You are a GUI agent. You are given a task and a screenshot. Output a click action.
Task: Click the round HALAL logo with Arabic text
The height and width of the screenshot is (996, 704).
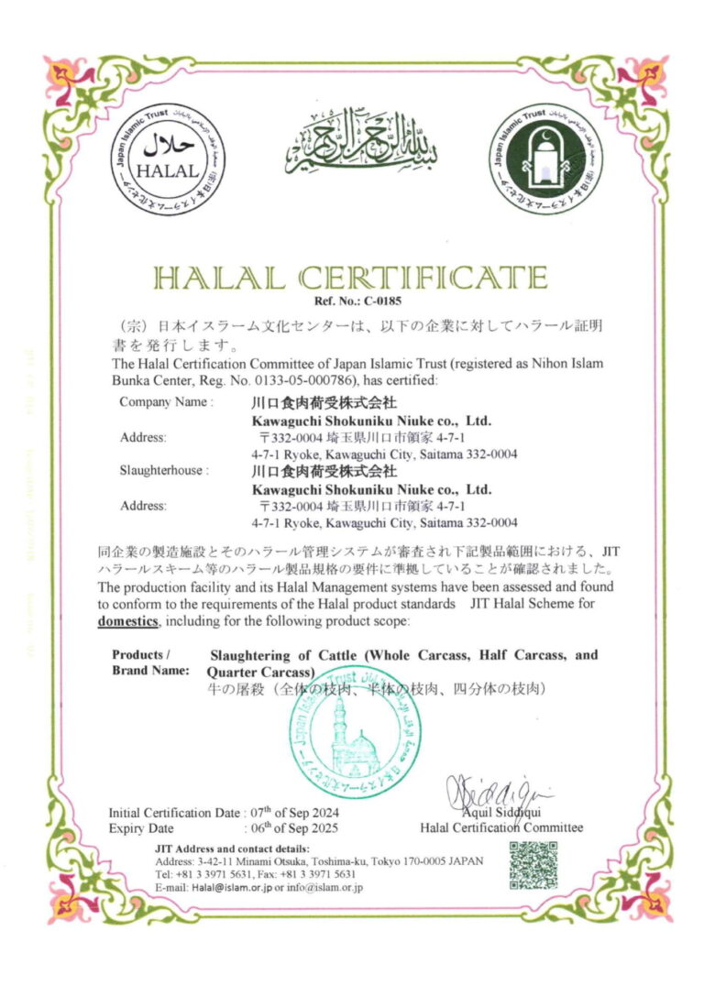[169, 159]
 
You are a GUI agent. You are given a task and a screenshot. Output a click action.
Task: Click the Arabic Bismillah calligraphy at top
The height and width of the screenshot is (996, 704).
[359, 147]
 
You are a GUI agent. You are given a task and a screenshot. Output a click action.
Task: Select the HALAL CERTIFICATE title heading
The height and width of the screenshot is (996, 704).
[351, 278]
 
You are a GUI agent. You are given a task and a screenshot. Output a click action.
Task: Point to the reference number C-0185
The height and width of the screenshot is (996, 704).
[373, 300]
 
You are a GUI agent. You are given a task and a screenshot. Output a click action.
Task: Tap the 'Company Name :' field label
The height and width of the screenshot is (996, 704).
[166, 401]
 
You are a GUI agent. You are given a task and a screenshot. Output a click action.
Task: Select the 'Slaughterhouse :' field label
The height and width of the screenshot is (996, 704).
[164, 470]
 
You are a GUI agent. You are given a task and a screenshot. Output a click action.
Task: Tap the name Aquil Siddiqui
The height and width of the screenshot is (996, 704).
[500, 814]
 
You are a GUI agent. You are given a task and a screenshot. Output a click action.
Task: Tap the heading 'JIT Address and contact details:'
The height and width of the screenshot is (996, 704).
[233, 848]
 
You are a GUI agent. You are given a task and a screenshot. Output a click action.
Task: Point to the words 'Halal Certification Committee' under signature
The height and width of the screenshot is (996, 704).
[500, 827]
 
